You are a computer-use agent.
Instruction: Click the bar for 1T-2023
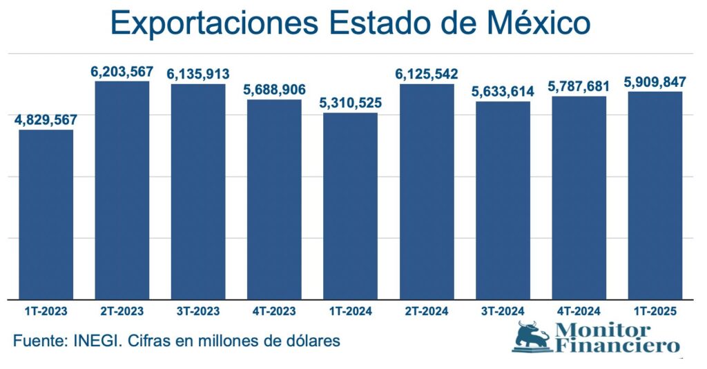click(46, 214)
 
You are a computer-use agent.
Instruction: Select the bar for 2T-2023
click(122, 190)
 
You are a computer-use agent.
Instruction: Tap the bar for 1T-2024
click(351, 206)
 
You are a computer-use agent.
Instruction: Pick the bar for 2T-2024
click(427, 191)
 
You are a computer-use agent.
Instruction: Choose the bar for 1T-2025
click(655, 195)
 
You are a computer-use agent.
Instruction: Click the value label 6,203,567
click(122, 72)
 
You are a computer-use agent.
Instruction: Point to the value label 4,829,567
click(46, 119)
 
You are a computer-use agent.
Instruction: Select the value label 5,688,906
click(274, 90)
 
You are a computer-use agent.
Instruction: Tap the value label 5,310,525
click(351, 103)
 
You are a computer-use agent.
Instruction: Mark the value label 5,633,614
click(503, 92)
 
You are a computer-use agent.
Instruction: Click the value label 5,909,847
click(655, 82)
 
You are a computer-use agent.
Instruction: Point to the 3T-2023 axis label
click(198, 311)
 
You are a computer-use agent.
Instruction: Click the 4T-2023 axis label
click(274, 311)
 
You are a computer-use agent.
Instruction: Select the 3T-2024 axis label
click(503, 311)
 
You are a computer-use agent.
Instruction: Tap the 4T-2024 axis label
click(579, 311)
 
